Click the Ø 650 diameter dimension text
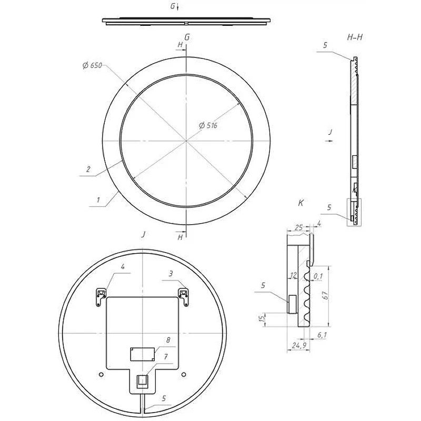pos(93,65)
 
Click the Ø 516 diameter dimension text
pos(208,125)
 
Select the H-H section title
pos(355,37)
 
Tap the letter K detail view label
pos(300,203)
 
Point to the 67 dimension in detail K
pos(325,295)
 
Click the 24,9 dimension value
pos(299,345)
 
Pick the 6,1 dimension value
pos(322,335)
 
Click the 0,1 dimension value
pos(318,276)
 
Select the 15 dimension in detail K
pos(262,319)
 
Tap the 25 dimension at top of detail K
pos(299,228)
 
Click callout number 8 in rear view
pos(168,340)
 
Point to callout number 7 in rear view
pos(166,357)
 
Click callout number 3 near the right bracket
pos(171,274)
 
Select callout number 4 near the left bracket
pos(123,266)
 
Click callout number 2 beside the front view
pos(88,169)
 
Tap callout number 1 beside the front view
pos(98,200)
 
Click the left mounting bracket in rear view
pos(101,297)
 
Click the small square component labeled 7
pos(142,380)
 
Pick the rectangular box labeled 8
pos(143,354)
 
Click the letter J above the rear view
pos(144,234)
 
